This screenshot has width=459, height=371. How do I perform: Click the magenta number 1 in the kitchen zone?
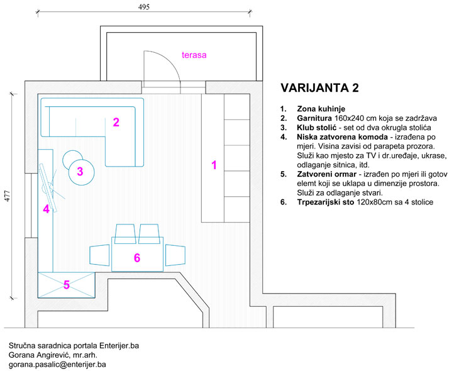[x=214, y=165]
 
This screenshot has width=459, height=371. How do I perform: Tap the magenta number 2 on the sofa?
[x=116, y=122]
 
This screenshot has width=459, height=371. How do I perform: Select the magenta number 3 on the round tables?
[x=80, y=170]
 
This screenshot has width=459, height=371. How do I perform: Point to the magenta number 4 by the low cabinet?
[x=46, y=209]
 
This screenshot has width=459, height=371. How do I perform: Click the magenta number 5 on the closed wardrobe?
[x=66, y=285]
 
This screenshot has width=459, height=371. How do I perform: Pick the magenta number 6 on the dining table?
[x=137, y=257]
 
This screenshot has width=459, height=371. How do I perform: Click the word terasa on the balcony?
[x=194, y=55]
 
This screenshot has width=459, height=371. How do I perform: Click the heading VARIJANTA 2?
[x=321, y=87]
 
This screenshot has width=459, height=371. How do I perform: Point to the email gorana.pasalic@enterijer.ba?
[x=57, y=364]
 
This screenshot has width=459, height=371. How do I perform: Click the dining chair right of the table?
[x=175, y=255]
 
